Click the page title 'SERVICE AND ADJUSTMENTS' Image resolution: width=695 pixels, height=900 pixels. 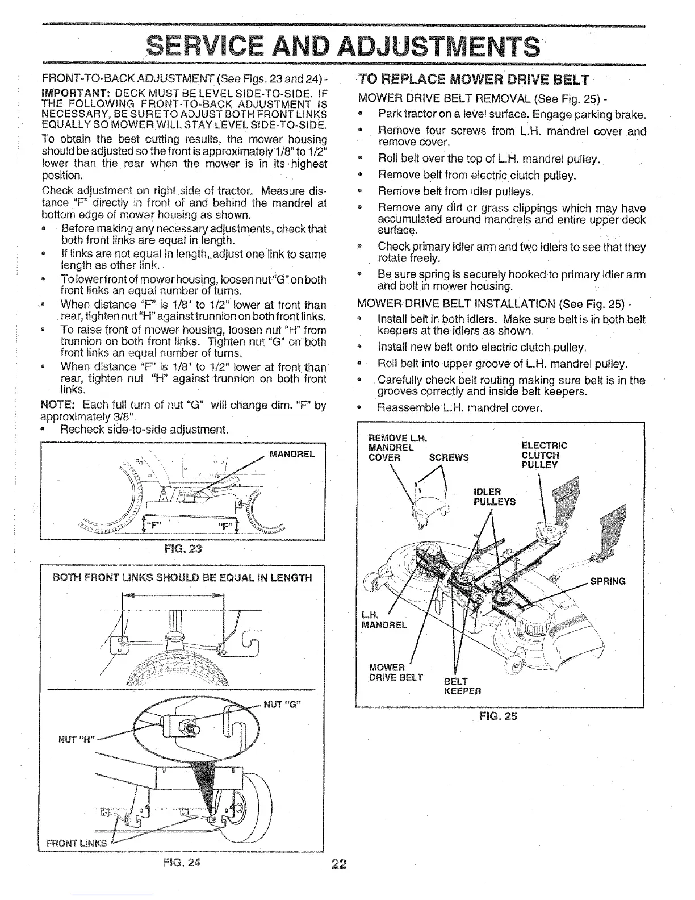click(342, 44)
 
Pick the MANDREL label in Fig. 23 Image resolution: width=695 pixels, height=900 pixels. click(292, 455)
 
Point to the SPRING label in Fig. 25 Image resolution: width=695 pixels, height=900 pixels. click(608, 581)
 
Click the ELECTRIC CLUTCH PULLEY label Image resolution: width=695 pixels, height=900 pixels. click(543, 455)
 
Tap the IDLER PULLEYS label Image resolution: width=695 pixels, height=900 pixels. click(494, 497)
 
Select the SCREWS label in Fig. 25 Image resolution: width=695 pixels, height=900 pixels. click(449, 457)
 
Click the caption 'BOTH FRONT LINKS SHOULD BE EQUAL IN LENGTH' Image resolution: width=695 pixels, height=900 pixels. click(182, 578)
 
